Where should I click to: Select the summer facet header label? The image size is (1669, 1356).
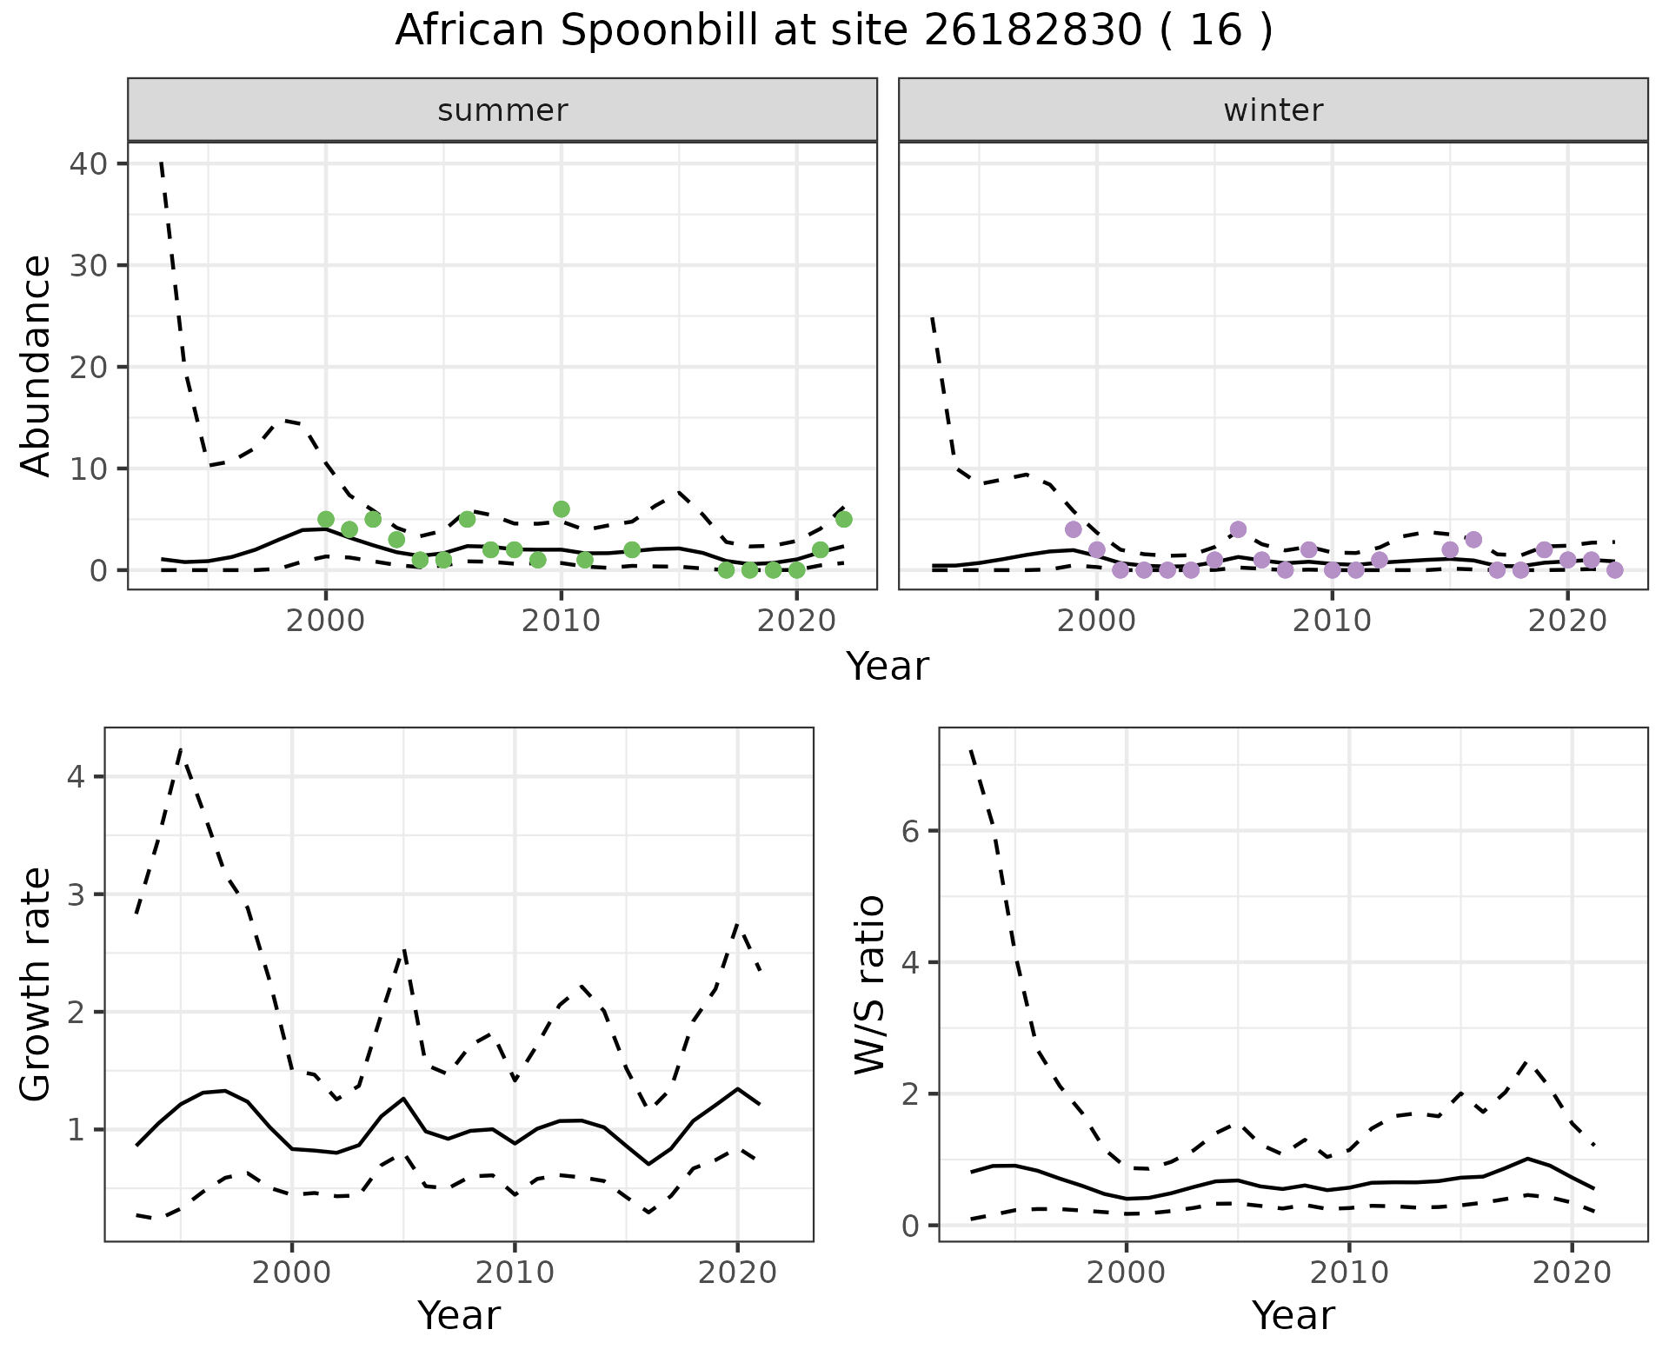(x=502, y=110)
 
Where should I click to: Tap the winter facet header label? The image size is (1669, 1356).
(x=1273, y=110)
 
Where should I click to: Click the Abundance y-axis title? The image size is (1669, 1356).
(x=37, y=365)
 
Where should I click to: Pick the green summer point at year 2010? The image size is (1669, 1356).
(x=562, y=508)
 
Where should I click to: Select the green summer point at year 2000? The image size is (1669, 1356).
(x=326, y=519)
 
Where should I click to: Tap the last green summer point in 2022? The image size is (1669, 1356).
(x=843, y=519)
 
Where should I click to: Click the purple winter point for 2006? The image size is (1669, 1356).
(x=1238, y=529)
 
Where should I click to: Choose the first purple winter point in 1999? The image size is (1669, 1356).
(x=1074, y=529)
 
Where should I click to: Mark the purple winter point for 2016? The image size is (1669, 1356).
(x=1473, y=539)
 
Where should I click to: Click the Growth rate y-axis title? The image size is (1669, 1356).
(x=37, y=985)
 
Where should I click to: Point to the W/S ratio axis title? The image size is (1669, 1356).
(x=869, y=985)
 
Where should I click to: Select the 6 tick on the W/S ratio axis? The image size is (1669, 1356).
(x=910, y=831)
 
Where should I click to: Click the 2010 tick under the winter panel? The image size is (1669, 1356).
(x=1332, y=621)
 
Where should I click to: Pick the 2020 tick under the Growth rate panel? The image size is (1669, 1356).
(x=737, y=1273)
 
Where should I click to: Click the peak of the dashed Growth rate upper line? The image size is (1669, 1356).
(x=180, y=749)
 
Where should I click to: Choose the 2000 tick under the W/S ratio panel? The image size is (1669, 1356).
(x=1127, y=1273)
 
